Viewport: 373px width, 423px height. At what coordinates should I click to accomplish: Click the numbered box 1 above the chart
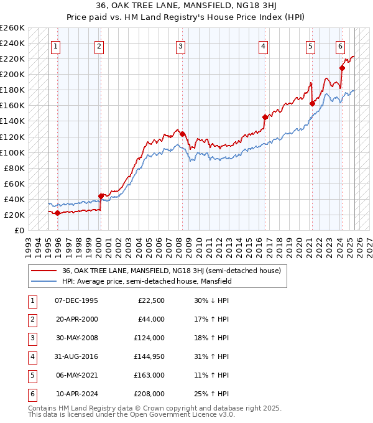pyautogui.click(x=56, y=45)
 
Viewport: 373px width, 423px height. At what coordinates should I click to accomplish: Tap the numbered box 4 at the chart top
pyautogui.click(x=264, y=45)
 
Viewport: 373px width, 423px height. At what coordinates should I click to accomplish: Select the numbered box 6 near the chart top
pyautogui.click(x=340, y=45)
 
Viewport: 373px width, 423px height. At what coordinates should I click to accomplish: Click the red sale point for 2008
pyautogui.click(x=182, y=133)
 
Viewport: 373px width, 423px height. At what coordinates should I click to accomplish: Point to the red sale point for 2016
pyautogui.click(x=265, y=117)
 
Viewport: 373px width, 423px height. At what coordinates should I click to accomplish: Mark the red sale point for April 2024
pyautogui.click(x=342, y=68)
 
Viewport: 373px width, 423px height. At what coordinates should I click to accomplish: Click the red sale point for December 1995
pyautogui.click(x=58, y=213)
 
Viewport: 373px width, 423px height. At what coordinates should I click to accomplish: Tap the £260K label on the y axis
pyautogui.click(x=12, y=28)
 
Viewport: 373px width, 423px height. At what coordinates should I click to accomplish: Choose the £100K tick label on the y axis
pyautogui.click(x=12, y=152)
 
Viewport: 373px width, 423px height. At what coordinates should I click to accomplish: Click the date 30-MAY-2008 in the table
pyautogui.click(x=76, y=338)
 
